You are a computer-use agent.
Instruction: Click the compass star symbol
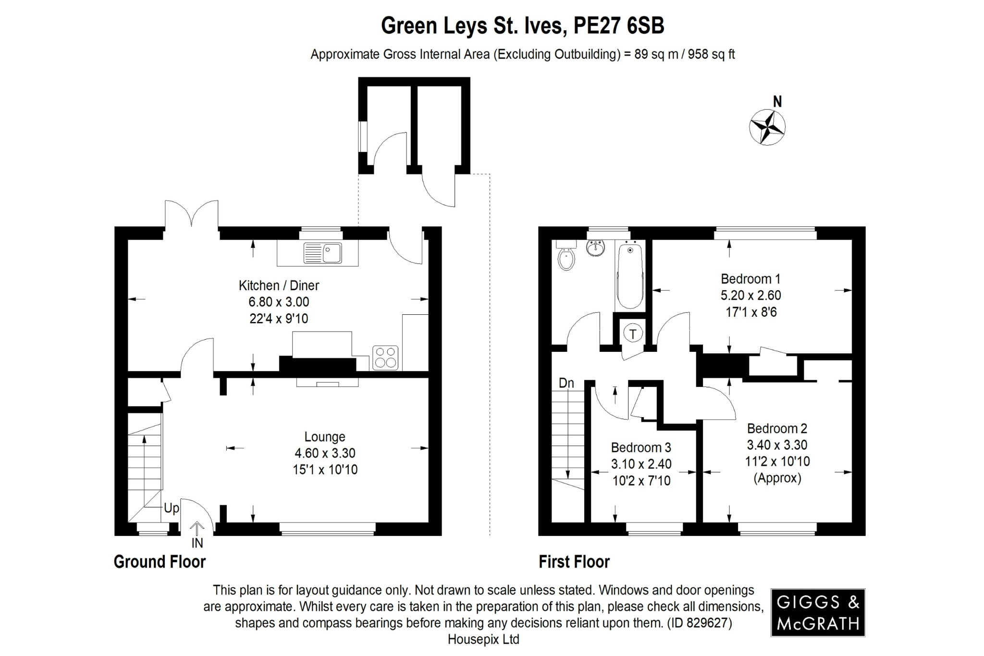(x=767, y=127)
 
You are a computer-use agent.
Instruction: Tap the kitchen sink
(x=323, y=253)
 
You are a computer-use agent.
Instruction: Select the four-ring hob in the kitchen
(x=385, y=358)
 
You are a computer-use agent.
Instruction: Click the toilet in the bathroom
(x=566, y=258)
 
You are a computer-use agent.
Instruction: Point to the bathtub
(x=630, y=276)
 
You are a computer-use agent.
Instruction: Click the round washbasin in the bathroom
(x=596, y=248)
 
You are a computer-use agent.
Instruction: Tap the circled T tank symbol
(x=633, y=334)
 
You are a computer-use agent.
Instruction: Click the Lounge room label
(x=325, y=437)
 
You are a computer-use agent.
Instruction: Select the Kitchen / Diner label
(x=279, y=285)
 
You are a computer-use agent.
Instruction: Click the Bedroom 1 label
(x=750, y=279)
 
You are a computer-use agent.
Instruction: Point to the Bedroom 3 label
(x=640, y=447)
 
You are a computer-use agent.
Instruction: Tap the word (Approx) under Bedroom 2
(x=777, y=478)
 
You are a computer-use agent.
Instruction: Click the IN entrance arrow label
(x=197, y=543)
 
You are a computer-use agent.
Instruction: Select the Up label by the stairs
(x=171, y=508)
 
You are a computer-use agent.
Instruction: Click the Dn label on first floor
(x=566, y=383)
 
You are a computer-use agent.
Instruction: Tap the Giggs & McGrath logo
(x=818, y=612)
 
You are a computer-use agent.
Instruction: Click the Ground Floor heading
(x=160, y=561)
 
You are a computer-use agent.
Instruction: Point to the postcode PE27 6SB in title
(x=619, y=26)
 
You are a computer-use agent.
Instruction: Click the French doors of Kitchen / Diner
(x=191, y=214)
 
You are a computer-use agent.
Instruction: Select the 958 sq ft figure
(x=711, y=54)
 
